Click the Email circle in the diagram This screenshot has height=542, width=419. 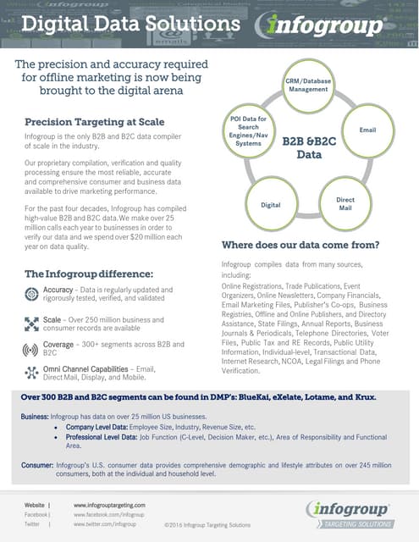367,130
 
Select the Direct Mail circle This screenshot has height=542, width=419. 345,203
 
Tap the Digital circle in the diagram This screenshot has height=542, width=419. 271,204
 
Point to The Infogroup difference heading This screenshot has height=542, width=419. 88,274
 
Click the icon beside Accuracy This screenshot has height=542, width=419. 32,295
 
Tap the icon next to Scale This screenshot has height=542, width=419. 32,323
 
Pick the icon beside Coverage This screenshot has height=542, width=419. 32,348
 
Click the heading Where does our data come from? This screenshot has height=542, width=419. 300,245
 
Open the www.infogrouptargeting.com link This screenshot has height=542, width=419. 109,505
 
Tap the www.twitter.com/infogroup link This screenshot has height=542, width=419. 104,524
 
